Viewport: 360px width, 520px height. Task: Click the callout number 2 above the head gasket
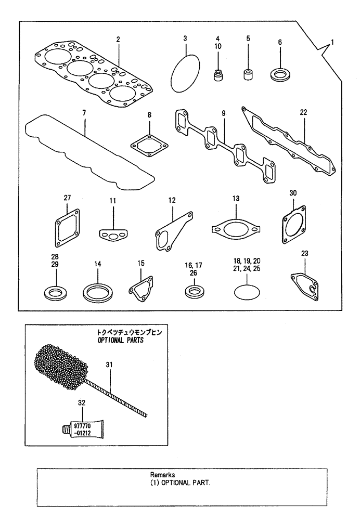[x=118, y=40]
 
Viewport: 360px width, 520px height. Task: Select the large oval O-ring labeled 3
[x=186, y=73]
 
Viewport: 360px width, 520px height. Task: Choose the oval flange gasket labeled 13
[x=235, y=229]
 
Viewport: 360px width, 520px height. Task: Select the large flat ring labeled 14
[x=98, y=292]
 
